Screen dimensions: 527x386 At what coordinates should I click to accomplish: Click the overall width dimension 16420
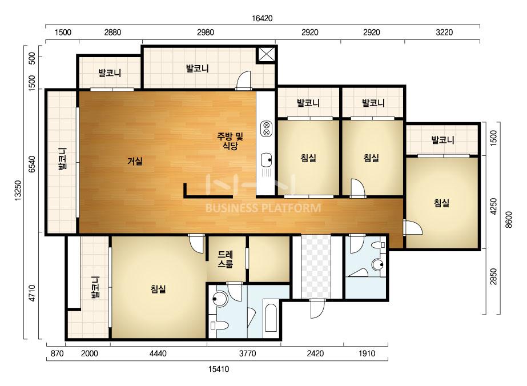coord(262,18)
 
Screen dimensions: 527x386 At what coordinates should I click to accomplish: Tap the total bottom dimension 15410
coord(219,369)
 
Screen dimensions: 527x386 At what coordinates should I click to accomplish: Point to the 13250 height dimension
coord(18,190)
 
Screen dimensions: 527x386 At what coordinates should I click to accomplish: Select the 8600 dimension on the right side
coord(509,220)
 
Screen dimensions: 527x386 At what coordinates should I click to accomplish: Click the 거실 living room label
coord(135,161)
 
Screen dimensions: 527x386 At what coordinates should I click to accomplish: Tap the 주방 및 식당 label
coord(230,141)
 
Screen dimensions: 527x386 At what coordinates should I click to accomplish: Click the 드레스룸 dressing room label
coord(225,259)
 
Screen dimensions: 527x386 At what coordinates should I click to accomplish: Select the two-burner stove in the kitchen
coord(267,129)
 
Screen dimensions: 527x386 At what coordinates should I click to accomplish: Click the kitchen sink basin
coord(267,160)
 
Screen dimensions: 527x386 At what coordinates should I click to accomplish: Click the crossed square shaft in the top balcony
coord(267,55)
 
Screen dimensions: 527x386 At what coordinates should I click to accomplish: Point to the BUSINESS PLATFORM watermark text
coord(263,208)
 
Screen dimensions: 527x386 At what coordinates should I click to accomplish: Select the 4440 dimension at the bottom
coord(158,353)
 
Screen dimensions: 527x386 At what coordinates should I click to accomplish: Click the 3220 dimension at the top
coord(444,33)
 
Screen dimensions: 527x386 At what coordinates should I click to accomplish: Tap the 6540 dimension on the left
coord(32,164)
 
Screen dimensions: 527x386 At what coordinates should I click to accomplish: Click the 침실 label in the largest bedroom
coord(158,289)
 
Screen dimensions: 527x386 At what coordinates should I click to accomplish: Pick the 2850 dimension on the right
coord(493,276)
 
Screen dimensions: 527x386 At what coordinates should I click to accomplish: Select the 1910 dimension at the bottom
coord(367,353)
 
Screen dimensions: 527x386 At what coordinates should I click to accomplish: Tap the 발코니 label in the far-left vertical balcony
coord(62,159)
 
